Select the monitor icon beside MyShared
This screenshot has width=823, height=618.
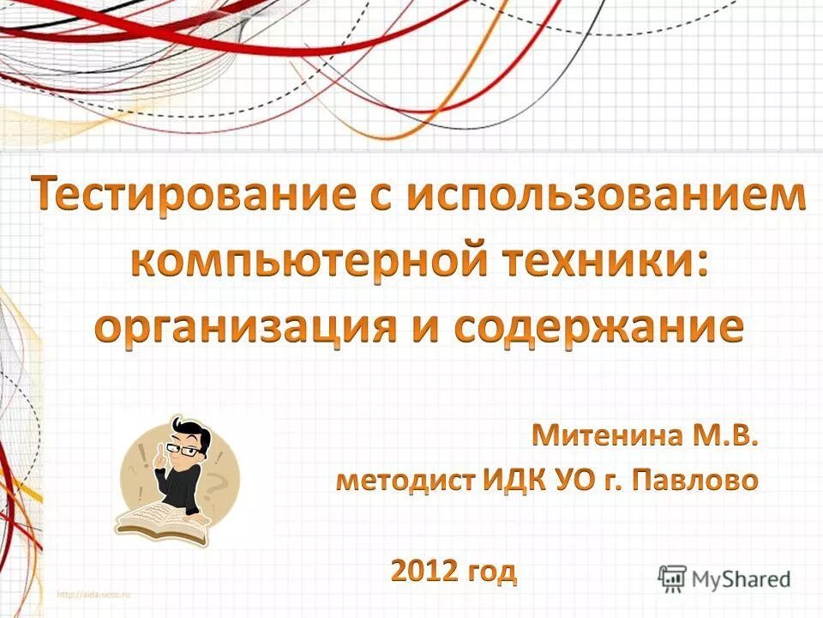673,577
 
